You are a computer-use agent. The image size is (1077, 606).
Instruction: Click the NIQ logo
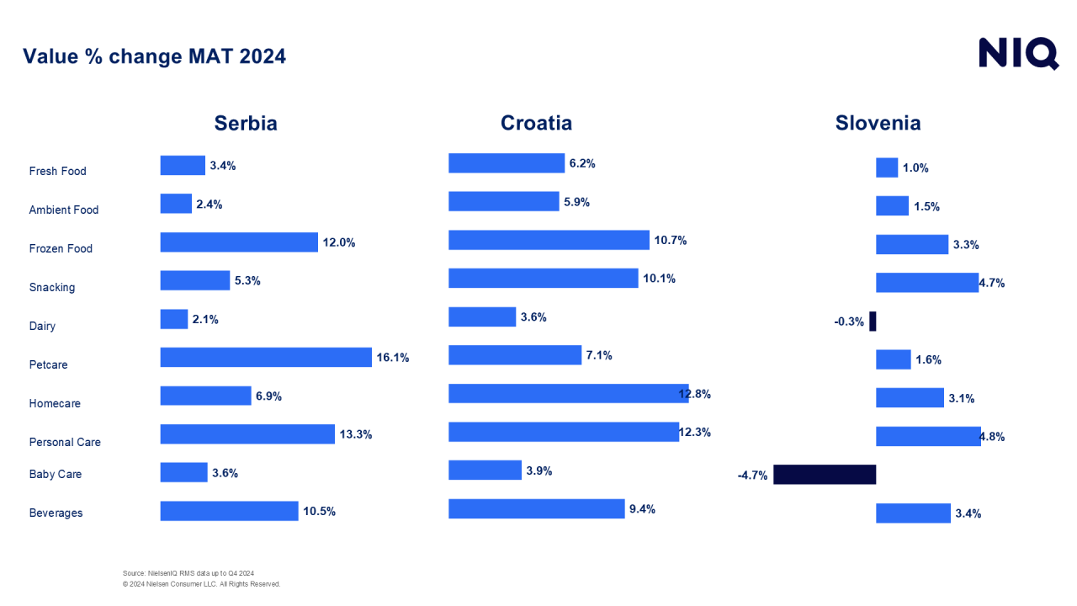tap(1018, 53)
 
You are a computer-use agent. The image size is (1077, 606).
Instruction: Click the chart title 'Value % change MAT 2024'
tap(154, 56)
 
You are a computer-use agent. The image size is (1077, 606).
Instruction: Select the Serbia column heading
tap(246, 123)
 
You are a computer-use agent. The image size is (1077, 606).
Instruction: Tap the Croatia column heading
tap(536, 123)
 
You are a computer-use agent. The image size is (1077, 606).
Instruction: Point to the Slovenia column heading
tap(878, 123)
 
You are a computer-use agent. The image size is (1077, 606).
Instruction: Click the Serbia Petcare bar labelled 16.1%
tap(266, 358)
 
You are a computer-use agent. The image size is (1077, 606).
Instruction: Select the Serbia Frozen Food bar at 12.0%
tap(239, 242)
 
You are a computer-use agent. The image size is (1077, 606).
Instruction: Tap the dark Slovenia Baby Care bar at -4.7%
tap(825, 475)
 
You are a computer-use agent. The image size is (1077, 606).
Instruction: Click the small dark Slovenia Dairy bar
tap(873, 321)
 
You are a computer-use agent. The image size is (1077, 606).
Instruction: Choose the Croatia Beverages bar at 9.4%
tap(536, 508)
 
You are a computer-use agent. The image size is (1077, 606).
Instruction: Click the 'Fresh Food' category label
tap(57, 171)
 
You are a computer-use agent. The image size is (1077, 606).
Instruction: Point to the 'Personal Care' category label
tap(65, 442)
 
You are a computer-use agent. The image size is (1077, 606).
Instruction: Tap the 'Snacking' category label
tap(52, 287)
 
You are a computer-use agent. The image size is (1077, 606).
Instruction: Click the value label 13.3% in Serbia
tap(356, 434)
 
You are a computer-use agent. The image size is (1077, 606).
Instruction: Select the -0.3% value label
tap(849, 322)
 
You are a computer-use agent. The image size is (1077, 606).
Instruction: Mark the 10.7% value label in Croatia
tap(671, 240)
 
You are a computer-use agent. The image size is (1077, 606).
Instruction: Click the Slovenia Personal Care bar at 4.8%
tap(928, 436)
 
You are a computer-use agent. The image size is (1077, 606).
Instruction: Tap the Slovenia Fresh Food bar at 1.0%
tap(887, 167)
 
